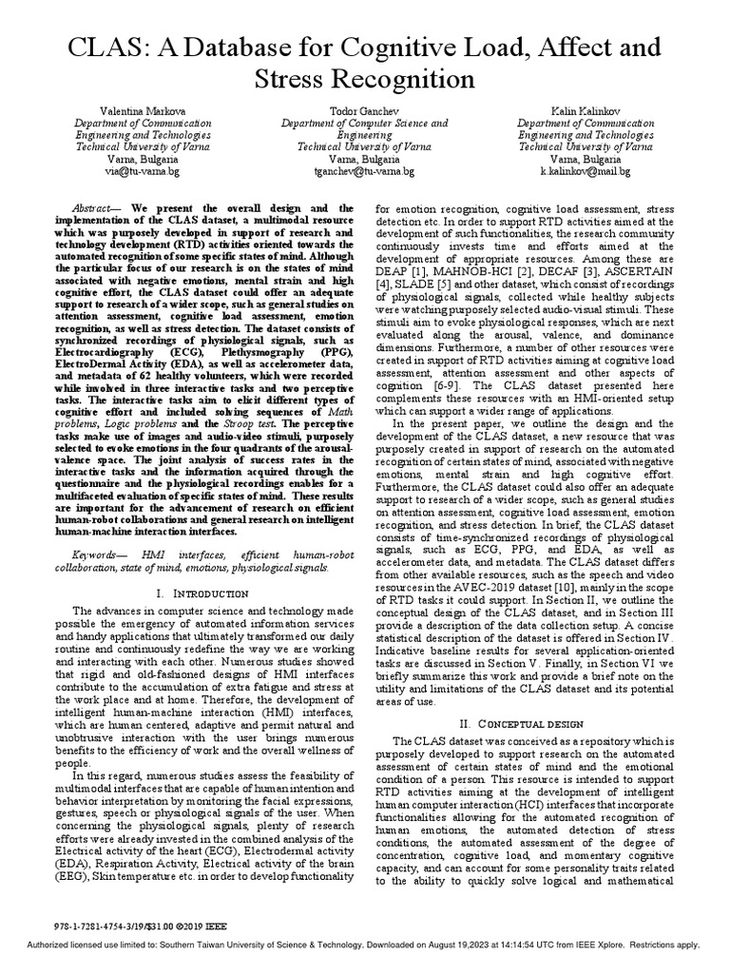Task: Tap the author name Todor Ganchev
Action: pos(364,111)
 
